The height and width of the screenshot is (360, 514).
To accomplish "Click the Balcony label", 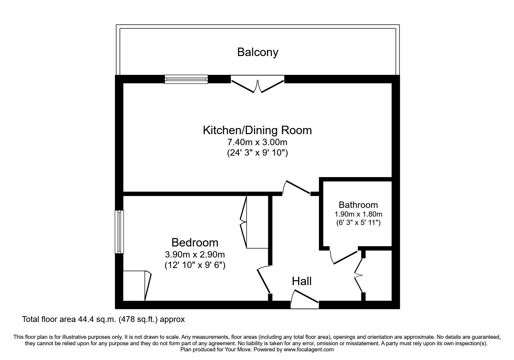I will coord(257,52).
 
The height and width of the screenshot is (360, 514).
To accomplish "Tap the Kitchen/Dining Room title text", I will coord(257,130).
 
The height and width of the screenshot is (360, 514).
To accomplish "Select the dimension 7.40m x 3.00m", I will coord(257,143).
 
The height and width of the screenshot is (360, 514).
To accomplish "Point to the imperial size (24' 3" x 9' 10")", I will coord(257,153).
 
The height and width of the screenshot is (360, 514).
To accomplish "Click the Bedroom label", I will coord(195,242).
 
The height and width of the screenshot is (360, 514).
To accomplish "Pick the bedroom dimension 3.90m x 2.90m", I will coord(195,255).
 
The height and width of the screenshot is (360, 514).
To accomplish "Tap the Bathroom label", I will coord(358,205).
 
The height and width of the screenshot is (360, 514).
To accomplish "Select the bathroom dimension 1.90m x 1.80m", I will coord(358,214).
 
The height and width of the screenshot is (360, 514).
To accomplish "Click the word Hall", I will coord(302,281).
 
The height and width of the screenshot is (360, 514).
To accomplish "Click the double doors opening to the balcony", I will coord(257,84).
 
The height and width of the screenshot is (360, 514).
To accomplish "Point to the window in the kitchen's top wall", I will coord(186,79).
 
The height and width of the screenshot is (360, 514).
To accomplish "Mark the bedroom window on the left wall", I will coord(119,232).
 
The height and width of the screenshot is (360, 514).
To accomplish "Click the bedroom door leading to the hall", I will coord(264,280).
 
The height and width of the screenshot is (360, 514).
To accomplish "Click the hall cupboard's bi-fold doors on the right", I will coord(359,274).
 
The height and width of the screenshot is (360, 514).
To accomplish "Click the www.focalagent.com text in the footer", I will coord(309,350).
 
